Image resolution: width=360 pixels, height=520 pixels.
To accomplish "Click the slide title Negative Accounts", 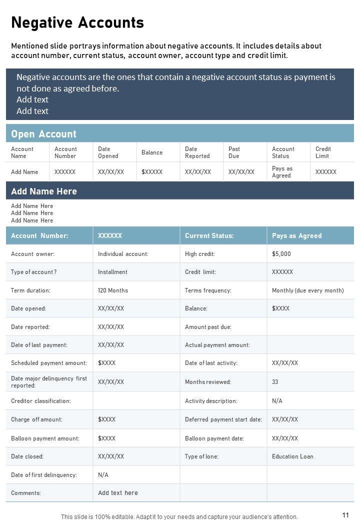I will coord(77,22).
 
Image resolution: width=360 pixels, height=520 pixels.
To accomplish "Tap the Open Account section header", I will coord(44,134).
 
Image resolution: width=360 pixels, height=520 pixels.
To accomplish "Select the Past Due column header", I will coord(234,152).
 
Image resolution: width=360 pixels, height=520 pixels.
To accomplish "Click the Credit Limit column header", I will coord(323,152).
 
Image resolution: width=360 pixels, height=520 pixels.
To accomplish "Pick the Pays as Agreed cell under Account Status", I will coord(282,172).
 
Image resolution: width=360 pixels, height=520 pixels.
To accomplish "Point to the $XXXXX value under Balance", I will coord(152,172).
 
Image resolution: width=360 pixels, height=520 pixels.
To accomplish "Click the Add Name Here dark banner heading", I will coord(44,191).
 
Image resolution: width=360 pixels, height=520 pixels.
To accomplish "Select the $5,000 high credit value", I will coord(281,254).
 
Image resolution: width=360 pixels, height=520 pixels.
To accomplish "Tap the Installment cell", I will coord(112,272).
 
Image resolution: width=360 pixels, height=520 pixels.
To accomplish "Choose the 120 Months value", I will coord(113,290).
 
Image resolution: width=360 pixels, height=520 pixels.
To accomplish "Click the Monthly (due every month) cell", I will coord(307,290).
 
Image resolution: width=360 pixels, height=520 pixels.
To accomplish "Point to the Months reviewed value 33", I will coord(275,382).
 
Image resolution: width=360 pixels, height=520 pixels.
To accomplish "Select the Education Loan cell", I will coord(292,456).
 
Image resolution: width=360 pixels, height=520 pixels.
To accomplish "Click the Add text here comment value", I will coord(118,493).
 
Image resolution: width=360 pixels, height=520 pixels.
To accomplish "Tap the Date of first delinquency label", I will coord(44,475).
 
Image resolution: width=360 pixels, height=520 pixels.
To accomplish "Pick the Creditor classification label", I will coord(41,401).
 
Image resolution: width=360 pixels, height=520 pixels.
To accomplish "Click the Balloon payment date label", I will coord(214,438).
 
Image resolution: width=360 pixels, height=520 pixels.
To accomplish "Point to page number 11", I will coord(345,515).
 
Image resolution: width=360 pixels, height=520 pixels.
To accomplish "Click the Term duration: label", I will coord(30,290).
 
